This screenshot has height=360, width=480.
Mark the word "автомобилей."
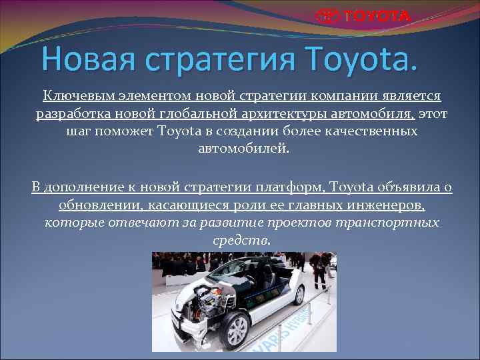tap(245, 148)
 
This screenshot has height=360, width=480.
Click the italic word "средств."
tap(241, 239)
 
